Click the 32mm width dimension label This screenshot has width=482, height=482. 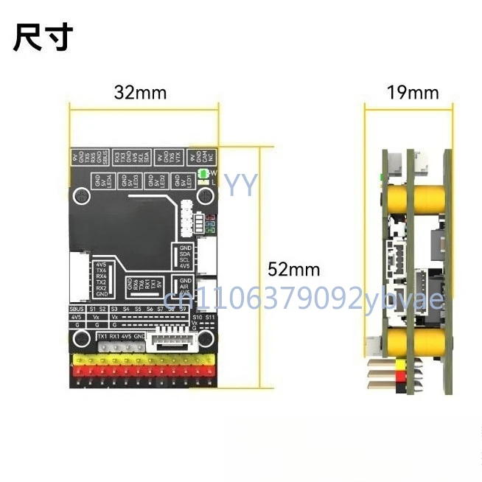(140, 93)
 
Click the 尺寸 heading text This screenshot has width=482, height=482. (43, 37)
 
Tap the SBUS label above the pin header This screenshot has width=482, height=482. (75, 308)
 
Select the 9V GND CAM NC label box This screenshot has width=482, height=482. (203, 157)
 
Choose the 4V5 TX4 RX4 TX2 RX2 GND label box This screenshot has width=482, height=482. (102, 279)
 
